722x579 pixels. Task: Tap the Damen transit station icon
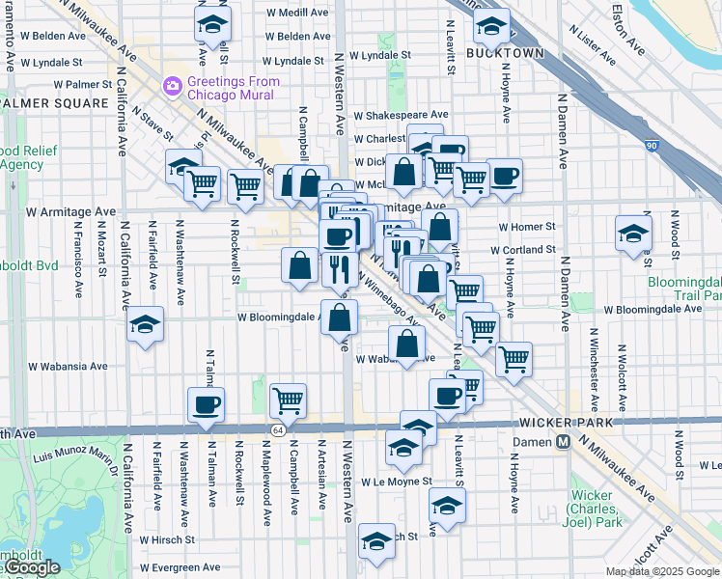(562, 441)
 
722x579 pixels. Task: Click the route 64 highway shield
(277, 429)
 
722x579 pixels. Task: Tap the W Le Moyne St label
(393, 480)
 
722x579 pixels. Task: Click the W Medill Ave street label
(298, 13)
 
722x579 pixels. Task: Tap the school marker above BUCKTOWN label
(492, 29)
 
